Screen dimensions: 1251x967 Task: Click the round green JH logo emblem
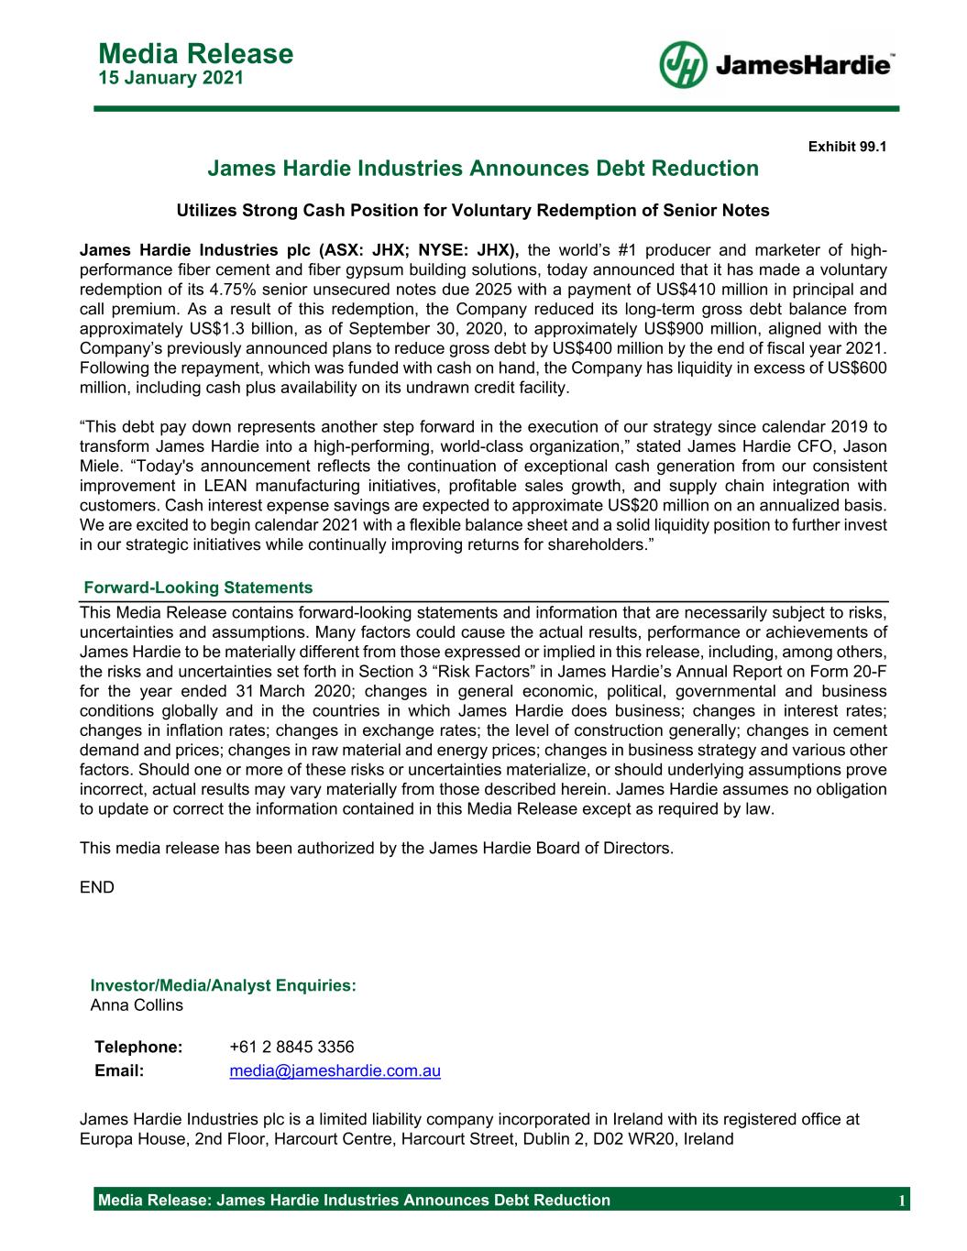tap(683, 65)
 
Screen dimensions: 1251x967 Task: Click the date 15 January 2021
tap(170, 79)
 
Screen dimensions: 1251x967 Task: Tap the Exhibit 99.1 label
tap(847, 146)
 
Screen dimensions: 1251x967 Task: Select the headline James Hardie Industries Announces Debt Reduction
tap(483, 169)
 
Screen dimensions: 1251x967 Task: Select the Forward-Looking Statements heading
tap(198, 587)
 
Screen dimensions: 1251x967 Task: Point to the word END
tap(97, 887)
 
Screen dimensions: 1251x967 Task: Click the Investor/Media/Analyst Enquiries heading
tap(223, 985)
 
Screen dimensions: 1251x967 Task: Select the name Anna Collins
tap(137, 1005)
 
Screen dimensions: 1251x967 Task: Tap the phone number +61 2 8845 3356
tap(291, 1047)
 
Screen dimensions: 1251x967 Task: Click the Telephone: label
tap(139, 1047)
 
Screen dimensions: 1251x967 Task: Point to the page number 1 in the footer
tap(902, 1201)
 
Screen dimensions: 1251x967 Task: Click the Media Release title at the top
tap(195, 54)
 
